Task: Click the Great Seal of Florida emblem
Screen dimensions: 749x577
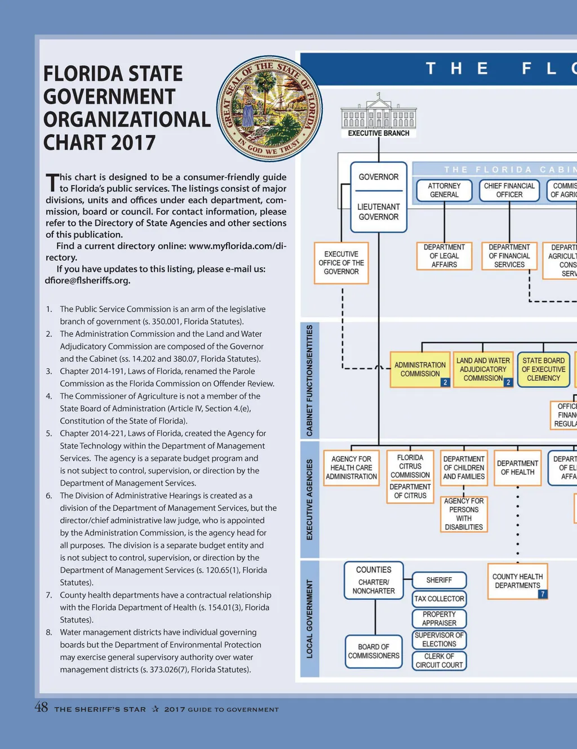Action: pos(269,109)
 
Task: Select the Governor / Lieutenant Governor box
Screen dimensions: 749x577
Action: pos(379,197)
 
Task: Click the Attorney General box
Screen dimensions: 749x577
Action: pos(444,190)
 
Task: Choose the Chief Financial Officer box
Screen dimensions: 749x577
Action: pos(509,190)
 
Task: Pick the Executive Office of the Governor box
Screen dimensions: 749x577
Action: pos(341,263)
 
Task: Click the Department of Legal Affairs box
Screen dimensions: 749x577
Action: pos(444,256)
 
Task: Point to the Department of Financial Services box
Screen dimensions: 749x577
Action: pos(509,256)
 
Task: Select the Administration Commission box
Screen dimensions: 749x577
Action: pos(420,369)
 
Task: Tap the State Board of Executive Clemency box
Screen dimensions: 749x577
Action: pos(543,369)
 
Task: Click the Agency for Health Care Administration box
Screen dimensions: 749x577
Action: pos(351,468)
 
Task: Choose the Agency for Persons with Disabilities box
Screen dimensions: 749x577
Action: pos(464,514)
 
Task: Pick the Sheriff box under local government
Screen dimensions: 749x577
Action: pos(439,580)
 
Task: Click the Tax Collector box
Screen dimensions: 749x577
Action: pos(439,599)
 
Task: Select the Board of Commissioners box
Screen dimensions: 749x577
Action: pos(374,652)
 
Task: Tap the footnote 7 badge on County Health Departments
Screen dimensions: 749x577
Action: pos(543,594)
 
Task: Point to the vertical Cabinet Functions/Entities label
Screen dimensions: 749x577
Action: pos(309,380)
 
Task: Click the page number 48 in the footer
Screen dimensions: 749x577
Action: pos(41,708)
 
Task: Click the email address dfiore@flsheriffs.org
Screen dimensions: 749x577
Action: pos(87,280)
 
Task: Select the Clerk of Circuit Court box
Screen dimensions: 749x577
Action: pos(439,661)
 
